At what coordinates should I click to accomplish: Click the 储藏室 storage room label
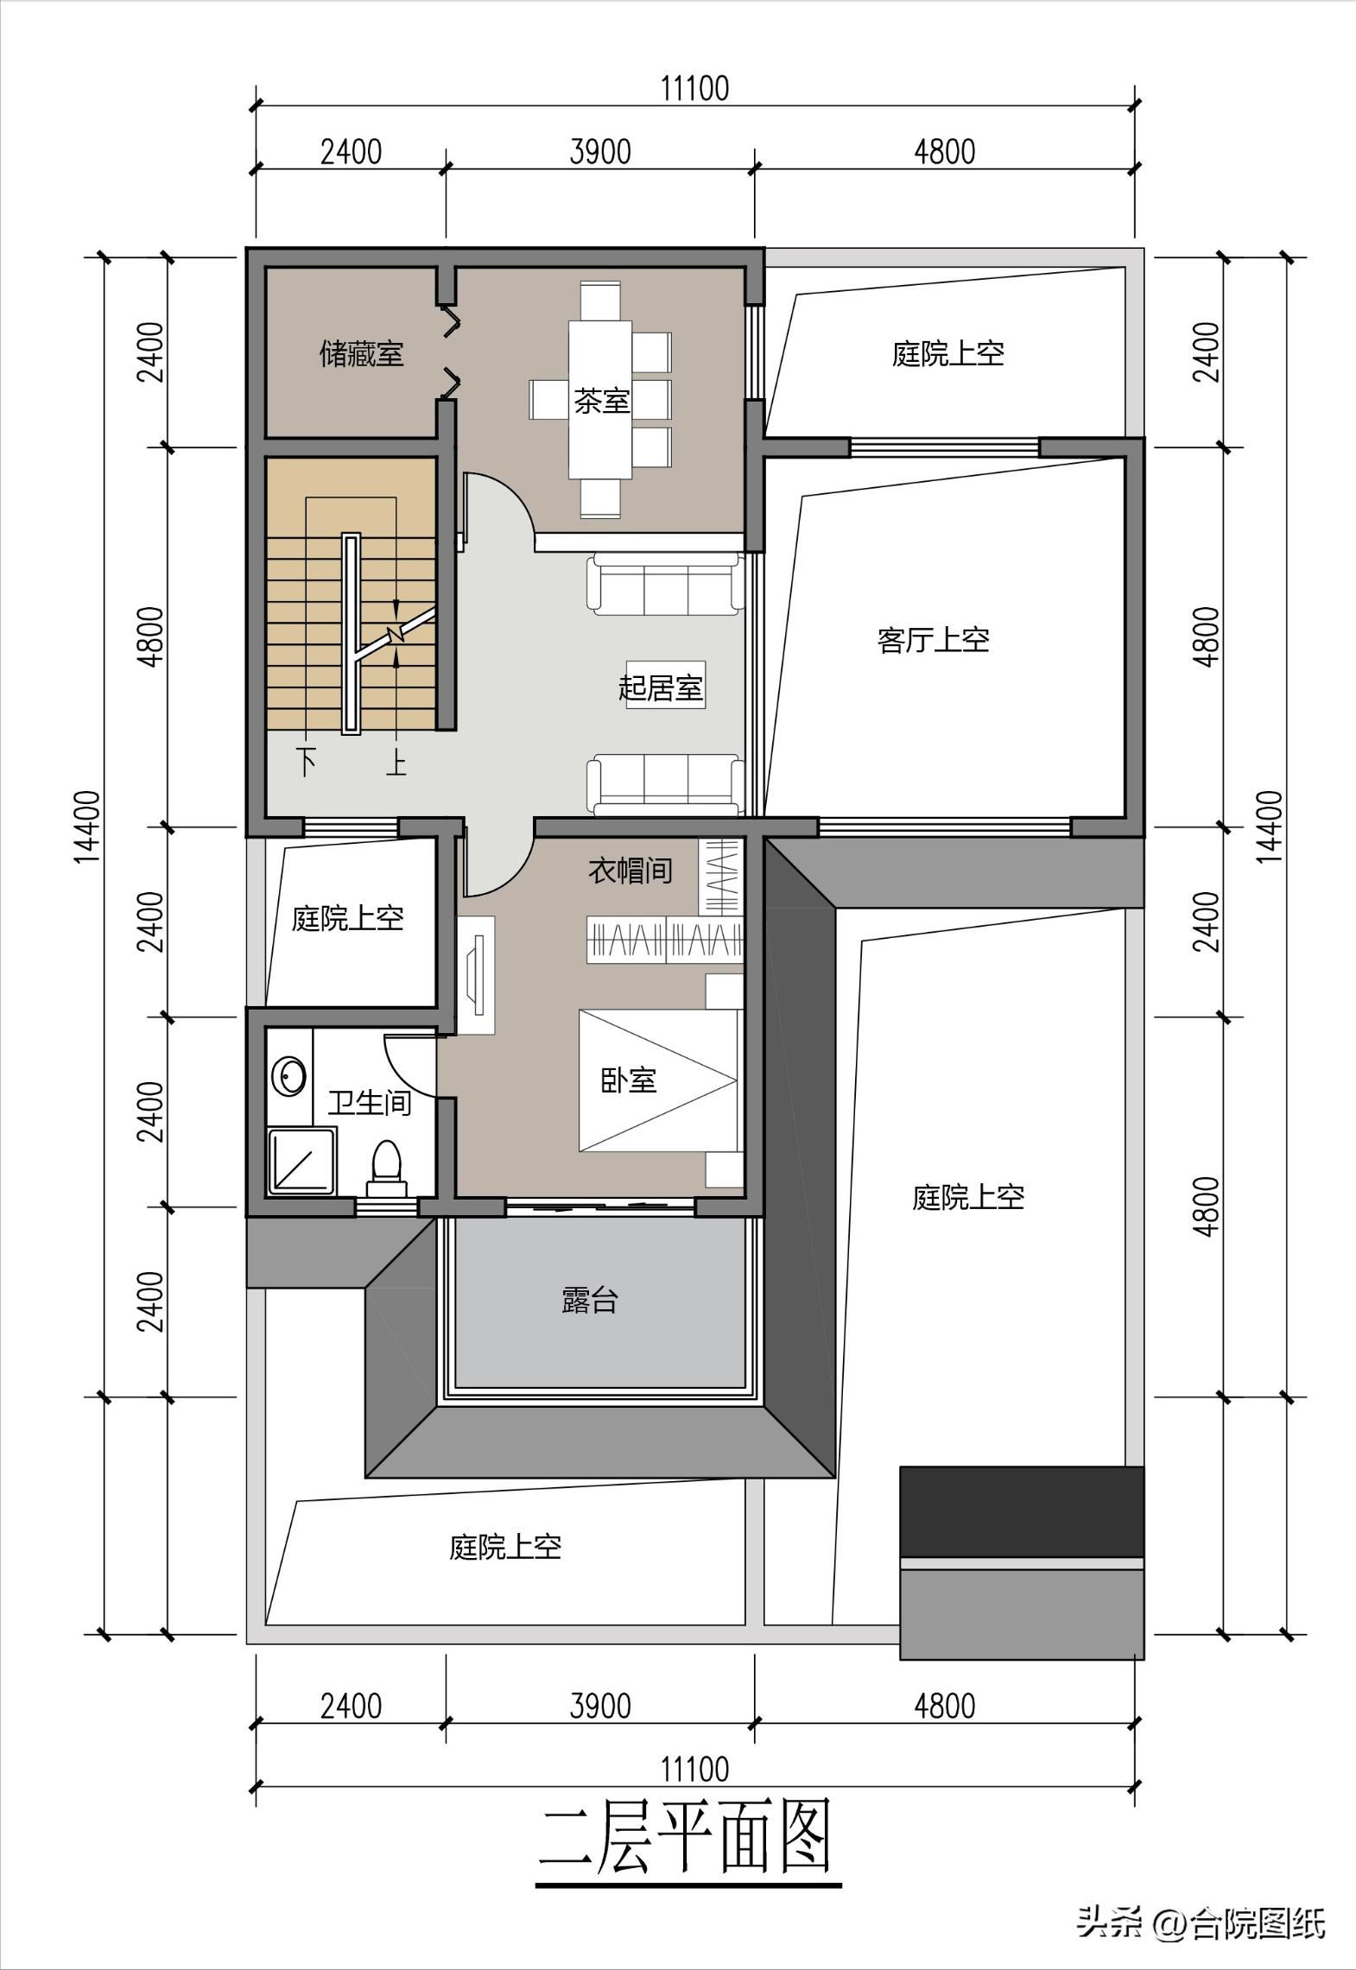pos(361,354)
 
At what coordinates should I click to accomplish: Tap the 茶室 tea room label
pos(601,401)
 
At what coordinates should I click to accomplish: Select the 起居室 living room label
pos(661,688)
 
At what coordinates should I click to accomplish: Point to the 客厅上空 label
pos(932,640)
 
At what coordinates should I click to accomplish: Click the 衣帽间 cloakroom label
pos(630,870)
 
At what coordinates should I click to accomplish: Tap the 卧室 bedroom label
pos(629,1080)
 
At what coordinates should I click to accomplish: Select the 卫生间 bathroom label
pos(369,1102)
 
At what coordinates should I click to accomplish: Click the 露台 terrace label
pos(590,1300)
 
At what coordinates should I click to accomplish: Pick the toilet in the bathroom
pos(385,1166)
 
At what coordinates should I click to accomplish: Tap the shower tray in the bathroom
pos(301,1162)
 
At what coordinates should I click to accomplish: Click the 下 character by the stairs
pos(306,762)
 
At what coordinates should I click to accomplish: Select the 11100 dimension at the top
pos(694,88)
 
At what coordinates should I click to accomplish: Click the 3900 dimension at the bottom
pos(600,1706)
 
